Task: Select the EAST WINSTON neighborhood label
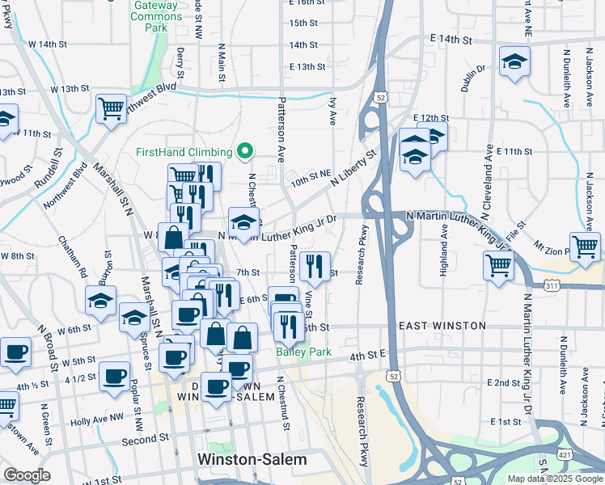coord(442,326)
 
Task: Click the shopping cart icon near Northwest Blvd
coord(111,108)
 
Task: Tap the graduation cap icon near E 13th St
coord(514,62)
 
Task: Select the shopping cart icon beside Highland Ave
coord(498,264)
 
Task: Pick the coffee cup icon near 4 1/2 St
coord(114,375)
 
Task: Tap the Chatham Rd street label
coord(71,257)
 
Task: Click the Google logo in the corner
coord(26,475)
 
